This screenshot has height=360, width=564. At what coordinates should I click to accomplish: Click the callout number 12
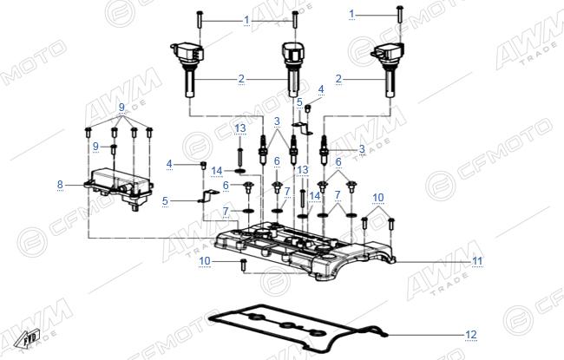(x=471, y=335)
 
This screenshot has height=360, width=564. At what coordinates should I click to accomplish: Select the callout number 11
(x=477, y=261)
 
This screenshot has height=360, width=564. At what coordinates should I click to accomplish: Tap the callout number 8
(x=60, y=185)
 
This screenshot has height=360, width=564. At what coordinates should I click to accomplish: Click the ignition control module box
(x=120, y=188)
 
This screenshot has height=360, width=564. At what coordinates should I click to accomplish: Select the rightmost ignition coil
(x=389, y=69)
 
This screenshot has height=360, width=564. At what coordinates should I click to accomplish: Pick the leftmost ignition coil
(x=189, y=69)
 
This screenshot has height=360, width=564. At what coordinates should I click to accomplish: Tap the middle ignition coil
(x=292, y=69)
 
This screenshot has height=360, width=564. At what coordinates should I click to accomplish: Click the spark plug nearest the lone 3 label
(x=324, y=150)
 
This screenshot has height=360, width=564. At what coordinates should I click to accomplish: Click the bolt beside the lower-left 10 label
(x=243, y=265)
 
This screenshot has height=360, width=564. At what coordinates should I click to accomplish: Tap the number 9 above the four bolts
(x=121, y=108)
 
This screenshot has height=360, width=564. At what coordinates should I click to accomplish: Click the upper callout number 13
(x=240, y=128)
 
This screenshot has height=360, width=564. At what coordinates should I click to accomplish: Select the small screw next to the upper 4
(x=308, y=108)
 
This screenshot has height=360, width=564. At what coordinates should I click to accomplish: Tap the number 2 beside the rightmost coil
(x=338, y=79)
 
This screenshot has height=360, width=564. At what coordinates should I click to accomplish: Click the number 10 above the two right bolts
(x=378, y=198)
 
